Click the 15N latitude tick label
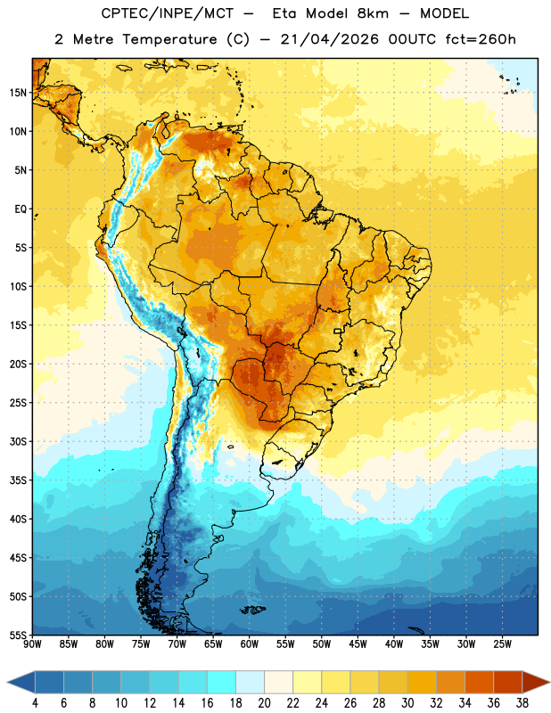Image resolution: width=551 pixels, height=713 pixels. (x=18, y=93)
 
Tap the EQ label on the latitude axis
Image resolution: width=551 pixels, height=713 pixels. (x=21, y=209)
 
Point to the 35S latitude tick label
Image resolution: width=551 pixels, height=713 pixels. (x=18, y=480)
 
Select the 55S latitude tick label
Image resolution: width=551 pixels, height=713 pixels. (x=18, y=635)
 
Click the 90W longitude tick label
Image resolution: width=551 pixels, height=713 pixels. (x=32, y=644)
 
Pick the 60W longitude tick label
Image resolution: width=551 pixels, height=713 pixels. (x=250, y=644)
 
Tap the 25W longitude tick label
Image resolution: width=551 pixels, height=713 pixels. (x=502, y=644)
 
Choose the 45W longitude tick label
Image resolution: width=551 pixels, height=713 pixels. (x=358, y=644)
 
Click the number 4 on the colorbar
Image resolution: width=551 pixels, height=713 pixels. (x=35, y=703)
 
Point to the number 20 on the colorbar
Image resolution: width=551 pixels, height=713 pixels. (x=264, y=703)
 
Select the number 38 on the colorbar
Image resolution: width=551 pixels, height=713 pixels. (x=522, y=703)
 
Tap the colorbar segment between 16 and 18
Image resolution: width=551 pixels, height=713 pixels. (x=222, y=682)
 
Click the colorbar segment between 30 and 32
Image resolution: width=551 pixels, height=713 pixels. (x=422, y=682)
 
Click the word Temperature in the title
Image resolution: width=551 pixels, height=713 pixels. (x=169, y=39)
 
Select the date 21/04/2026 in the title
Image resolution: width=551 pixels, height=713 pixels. (x=329, y=39)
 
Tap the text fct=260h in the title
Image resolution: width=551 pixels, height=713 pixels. (x=481, y=39)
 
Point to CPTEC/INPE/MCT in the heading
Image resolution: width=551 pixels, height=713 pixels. (x=167, y=13)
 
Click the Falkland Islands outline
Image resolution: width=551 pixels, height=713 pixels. (x=253, y=610)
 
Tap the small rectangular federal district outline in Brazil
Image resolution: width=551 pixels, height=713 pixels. (x=338, y=331)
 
